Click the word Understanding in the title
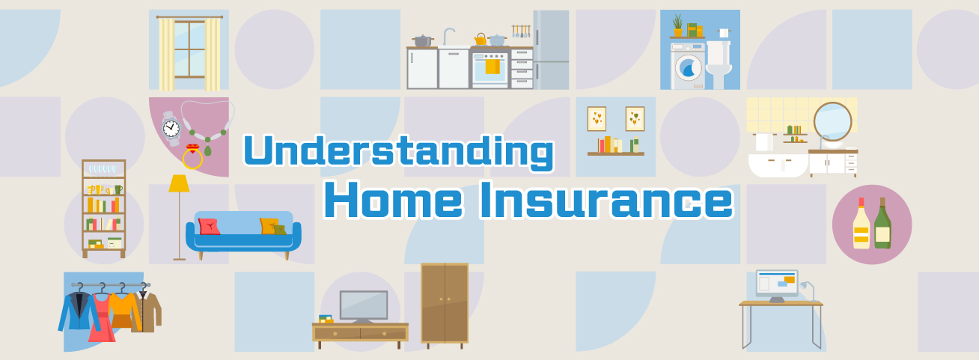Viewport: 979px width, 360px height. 399,152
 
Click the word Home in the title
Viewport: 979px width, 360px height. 394,200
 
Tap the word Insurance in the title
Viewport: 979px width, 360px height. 606,200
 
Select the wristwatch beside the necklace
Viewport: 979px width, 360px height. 171,129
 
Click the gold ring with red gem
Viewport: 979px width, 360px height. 193,156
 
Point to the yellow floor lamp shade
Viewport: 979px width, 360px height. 179,183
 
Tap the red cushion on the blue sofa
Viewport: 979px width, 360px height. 209,227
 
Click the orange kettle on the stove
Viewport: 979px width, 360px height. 481,40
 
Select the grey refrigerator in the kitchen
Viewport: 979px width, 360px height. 551,50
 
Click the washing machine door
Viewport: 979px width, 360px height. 689,68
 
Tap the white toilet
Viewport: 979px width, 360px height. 719,64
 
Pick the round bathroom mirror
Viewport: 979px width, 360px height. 832,121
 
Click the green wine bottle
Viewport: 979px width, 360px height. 882,223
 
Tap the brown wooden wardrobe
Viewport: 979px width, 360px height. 445,305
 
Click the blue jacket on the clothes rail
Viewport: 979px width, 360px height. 79,311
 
